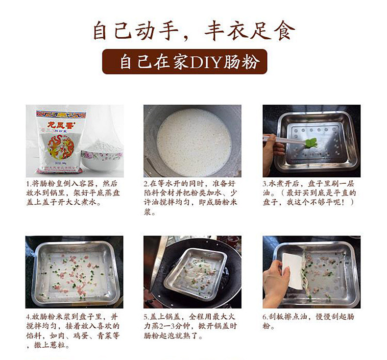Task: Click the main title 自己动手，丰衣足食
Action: (194, 30)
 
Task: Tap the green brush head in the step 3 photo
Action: (310, 144)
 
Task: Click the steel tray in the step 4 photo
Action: (73, 272)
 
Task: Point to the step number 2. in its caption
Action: (146, 183)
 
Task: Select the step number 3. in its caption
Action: (266, 183)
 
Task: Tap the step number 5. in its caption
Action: (146, 316)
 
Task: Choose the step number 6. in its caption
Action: (266, 316)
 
